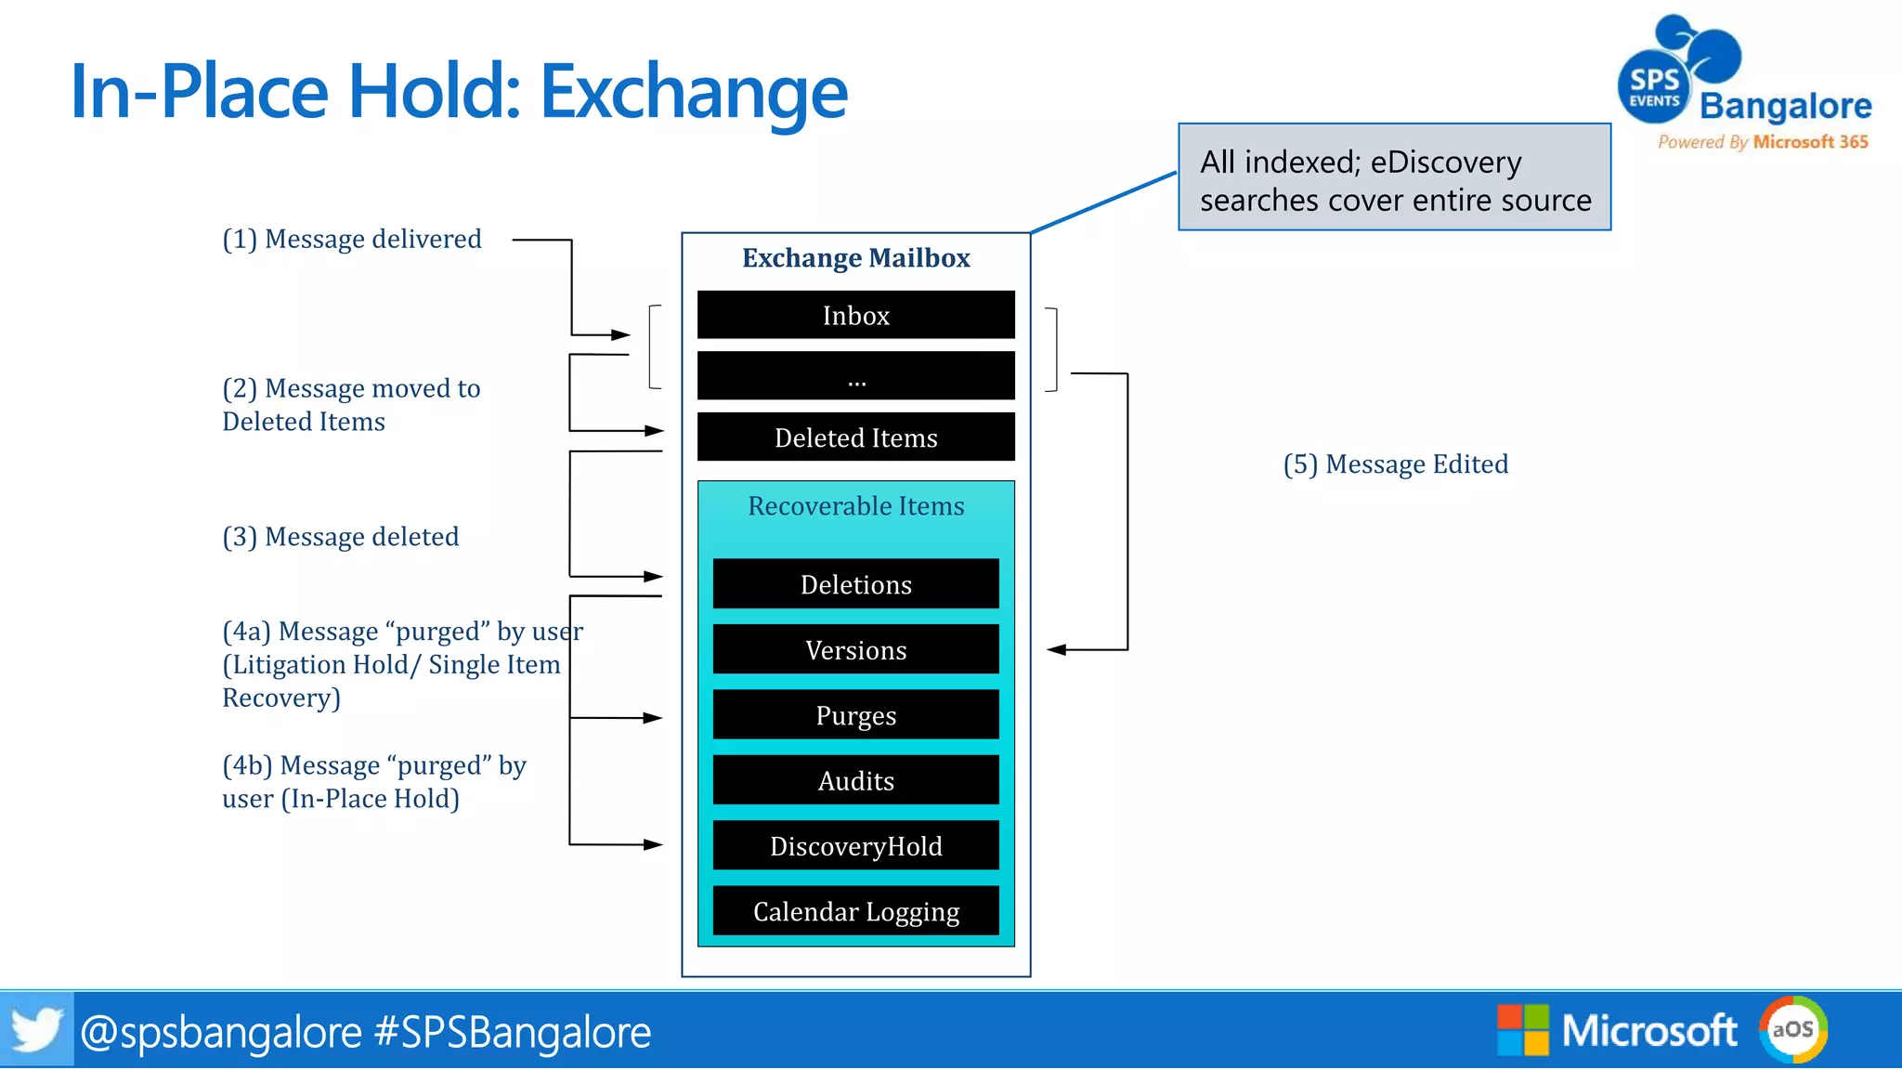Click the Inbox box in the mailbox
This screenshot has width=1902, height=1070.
pos(855,316)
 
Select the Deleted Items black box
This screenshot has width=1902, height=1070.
pos(855,437)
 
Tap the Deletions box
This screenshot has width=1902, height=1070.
pos(855,584)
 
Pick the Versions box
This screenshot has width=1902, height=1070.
pos(855,649)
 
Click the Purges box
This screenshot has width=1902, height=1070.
pos(855,715)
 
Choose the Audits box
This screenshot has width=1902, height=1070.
pos(855,780)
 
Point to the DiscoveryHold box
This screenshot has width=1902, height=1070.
pos(855,846)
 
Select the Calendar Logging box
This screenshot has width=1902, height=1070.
pos(855,911)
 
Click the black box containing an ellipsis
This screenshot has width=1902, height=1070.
pos(855,376)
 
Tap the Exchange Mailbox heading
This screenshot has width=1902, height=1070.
pos(855,257)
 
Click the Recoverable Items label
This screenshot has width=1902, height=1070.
pos(855,506)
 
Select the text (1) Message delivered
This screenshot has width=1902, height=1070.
pos(352,239)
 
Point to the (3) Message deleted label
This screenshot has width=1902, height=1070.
pos(341,537)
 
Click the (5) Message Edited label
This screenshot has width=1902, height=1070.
pos(1395,463)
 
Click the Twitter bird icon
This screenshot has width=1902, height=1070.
pos(36,1029)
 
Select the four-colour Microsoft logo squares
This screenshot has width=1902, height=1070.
pos(1523,1029)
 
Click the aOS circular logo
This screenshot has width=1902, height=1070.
pos(1792,1029)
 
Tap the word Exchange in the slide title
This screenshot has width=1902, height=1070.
pos(694,92)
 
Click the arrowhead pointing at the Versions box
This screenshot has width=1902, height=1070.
pos(1056,650)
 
